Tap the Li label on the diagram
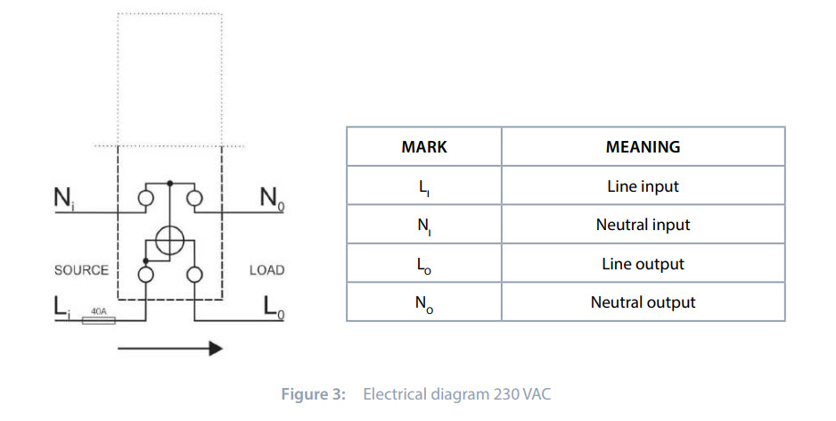click(x=61, y=308)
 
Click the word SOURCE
click(x=81, y=269)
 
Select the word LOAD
click(x=266, y=269)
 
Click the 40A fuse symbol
click(x=99, y=318)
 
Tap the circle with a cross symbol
click(x=170, y=241)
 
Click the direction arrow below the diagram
click(x=169, y=348)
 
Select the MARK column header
click(x=424, y=146)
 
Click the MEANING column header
click(x=643, y=146)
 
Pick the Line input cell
click(x=643, y=186)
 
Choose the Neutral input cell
click(x=643, y=225)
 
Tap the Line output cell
click(x=643, y=264)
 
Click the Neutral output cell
click(x=643, y=302)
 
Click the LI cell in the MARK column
click(x=424, y=187)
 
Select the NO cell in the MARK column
click(x=424, y=303)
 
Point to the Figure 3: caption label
click(x=313, y=394)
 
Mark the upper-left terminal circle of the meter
click(x=146, y=197)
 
